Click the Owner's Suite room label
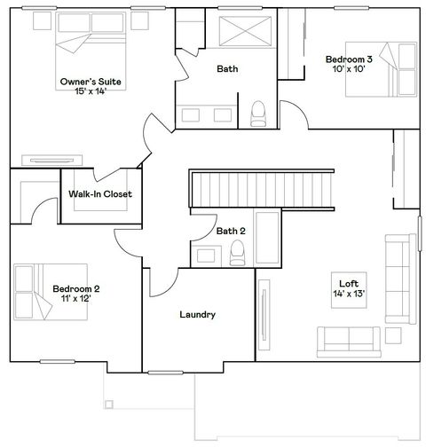point(91,82)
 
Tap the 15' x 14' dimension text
point(91,91)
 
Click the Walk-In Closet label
point(99,193)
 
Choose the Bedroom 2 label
point(75,288)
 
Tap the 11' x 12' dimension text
point(75,298)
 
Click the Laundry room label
point(197,315)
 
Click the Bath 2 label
point(231,232)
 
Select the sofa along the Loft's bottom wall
point(350,341)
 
